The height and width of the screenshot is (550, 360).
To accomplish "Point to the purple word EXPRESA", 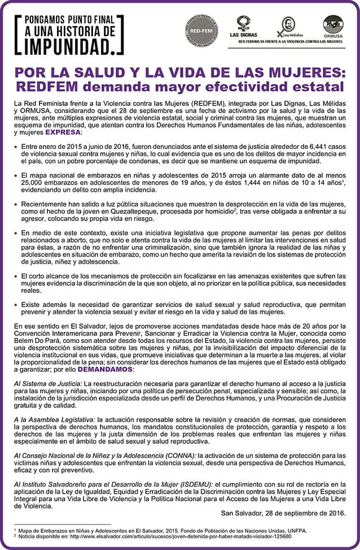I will [x=63, y=132].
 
